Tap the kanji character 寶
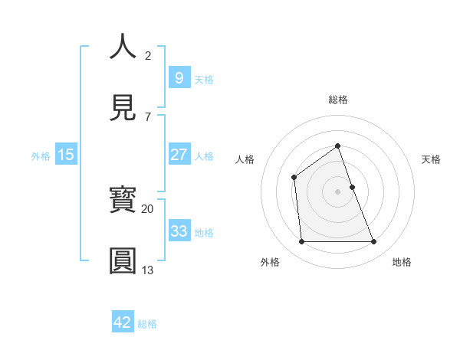pyautogui.click(x=123, y=201)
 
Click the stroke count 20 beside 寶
pyautogui.click(x=147, y=208)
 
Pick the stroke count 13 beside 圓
pyautogui.click(x=147, y=270)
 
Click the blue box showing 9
pyautogui.click(x=178, y=77)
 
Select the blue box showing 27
pyautogui.click(x=178, y=155)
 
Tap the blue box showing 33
pyautogui.click(x=178, y=231)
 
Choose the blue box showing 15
pyautogui.click(x=66, y=155)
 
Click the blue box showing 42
pyautogui.click(x=123, y=322)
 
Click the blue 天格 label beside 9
pyautogui.click(x=204, y=79)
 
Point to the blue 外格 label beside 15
pyautogui.click(x=41, y=156)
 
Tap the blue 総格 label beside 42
pyautogui.click(x=147, y=324)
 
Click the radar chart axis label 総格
pyautogui.click(x=337, y=100)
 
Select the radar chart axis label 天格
pyautogui.click(x=432, y=159)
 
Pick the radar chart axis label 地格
pyautogui.click(x=402, y=262)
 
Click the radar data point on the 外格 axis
pyautogui.click(x=301, y=242)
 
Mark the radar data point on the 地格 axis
pyautogui.click(x=374, y=242)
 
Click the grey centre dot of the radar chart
pyautogui.click(x=337, y=191)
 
